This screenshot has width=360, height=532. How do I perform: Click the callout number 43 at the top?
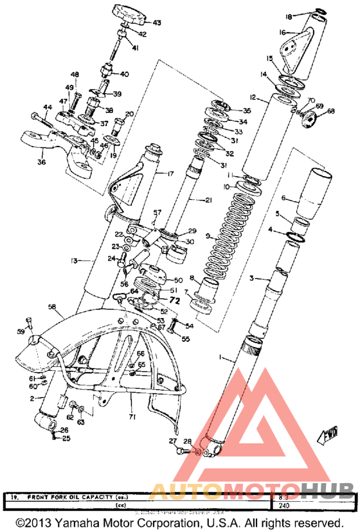[156, 23]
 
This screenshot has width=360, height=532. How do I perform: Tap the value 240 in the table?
[283, 505]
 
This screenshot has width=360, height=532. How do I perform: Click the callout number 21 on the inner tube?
[208, 200]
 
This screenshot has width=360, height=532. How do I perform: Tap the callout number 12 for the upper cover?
[253, 98]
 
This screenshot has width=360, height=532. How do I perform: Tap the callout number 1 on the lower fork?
[222, 356]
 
